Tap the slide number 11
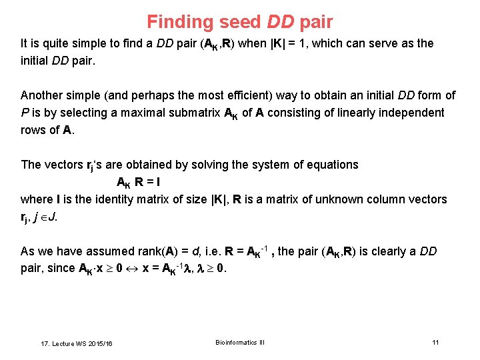[435, 342]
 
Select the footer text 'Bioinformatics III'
[240, 342]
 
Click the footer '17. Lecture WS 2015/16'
[77, 343]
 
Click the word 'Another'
[41, 95]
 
